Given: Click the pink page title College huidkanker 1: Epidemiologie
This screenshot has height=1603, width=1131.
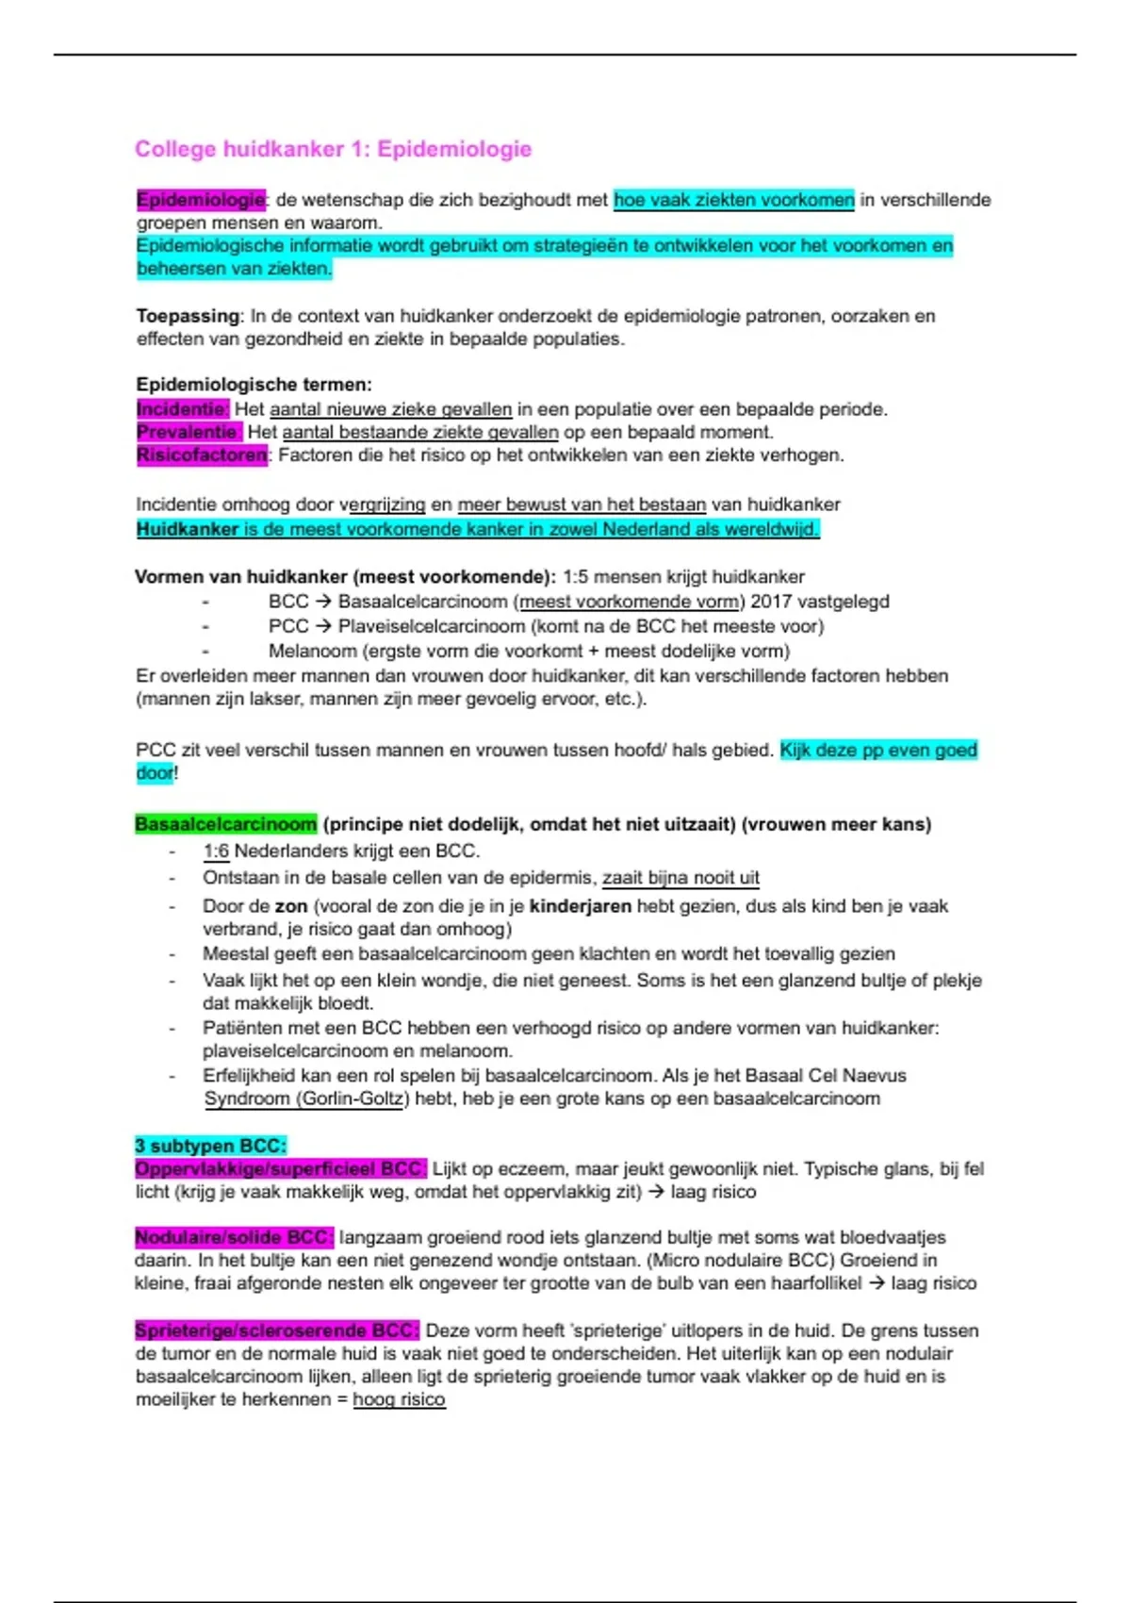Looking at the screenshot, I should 333,149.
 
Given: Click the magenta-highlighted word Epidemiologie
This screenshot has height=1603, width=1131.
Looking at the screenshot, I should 201,200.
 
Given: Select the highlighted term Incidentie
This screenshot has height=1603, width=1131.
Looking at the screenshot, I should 182,409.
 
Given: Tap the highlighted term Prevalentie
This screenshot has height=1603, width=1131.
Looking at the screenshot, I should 188,432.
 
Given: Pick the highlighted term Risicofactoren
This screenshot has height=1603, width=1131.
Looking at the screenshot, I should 201,455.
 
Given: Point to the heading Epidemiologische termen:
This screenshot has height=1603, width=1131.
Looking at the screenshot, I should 254,384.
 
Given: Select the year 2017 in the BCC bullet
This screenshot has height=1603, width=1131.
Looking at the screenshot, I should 771,602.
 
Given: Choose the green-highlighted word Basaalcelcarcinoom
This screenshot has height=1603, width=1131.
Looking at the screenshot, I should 225,824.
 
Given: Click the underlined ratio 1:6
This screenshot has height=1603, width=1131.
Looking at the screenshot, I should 216,851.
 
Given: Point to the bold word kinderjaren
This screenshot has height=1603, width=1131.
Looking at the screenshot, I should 581,906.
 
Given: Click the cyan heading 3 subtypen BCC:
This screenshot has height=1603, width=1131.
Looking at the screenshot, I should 209,1146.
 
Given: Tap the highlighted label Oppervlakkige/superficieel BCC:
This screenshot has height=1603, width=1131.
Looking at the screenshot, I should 280,1169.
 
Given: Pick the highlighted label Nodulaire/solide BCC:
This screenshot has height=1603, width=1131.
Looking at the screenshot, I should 233,1237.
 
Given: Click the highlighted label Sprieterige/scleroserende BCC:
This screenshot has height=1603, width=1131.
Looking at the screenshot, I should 276,1330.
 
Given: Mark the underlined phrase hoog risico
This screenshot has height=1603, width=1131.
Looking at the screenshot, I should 399,1399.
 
